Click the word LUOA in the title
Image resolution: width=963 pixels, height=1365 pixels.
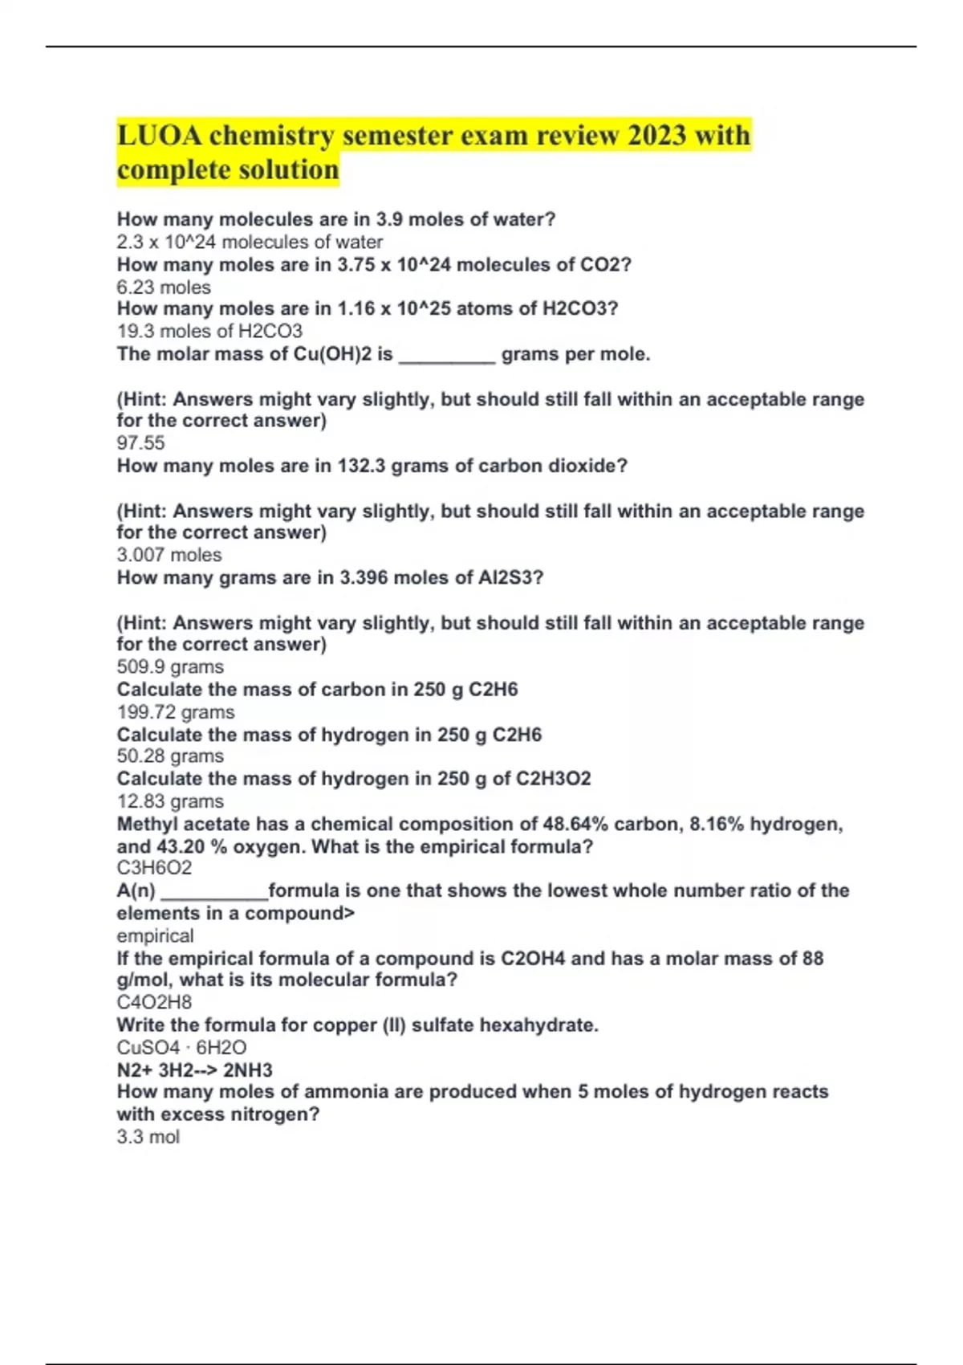point(160,135)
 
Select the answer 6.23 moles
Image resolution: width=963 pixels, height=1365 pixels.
point(164,287)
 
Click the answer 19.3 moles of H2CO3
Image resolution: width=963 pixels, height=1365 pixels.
point(209,331)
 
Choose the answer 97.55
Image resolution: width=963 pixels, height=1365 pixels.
point(140,442)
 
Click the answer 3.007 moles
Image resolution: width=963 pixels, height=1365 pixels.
point(169,555)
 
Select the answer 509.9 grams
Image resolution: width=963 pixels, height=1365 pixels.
point(170,667)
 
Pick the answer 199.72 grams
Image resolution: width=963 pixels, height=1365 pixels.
point(176,712)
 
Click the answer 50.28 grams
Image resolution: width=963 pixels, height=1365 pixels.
point(170,756)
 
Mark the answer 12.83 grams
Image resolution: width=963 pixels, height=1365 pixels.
point(170,801)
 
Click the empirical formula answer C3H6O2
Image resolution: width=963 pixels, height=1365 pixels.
point(154,868)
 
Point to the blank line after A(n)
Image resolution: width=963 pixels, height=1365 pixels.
point(213,893)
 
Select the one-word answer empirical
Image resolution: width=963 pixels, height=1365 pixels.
point(155,936)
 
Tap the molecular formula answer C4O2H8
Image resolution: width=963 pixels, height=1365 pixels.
point(154,1002)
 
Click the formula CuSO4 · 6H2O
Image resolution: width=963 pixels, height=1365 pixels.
point(181,1048)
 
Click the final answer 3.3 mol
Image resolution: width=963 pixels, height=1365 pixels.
point(148,1137)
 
